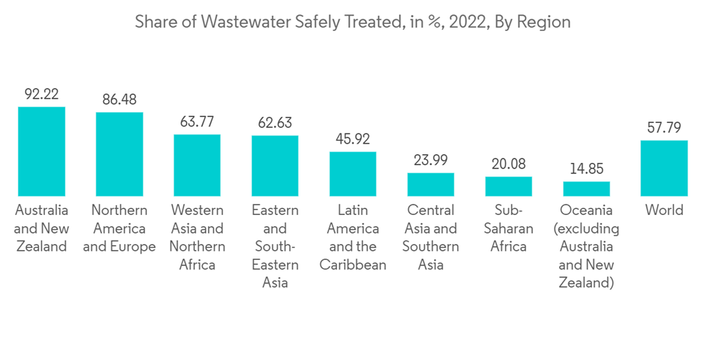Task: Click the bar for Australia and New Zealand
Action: coord(41,151)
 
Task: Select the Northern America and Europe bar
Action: coord(119,154)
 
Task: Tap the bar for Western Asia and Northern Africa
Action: coord(197,165)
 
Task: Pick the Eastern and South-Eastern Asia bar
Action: coord(275,166)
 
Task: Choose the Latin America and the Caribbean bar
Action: coord(353,174)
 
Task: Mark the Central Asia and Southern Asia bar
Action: coord(431,184)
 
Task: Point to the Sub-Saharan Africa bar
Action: coord(508,186)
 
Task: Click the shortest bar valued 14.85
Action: coord(586,189)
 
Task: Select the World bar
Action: coord(664,168)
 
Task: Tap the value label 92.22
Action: coord(41,94)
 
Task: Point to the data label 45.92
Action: coord(353,139)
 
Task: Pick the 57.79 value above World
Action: coord(664,128)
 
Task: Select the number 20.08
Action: coord(508,164)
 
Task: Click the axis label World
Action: coord(664,210)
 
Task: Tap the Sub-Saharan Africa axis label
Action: coord(508,229)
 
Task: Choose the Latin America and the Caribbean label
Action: coord(353,237)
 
